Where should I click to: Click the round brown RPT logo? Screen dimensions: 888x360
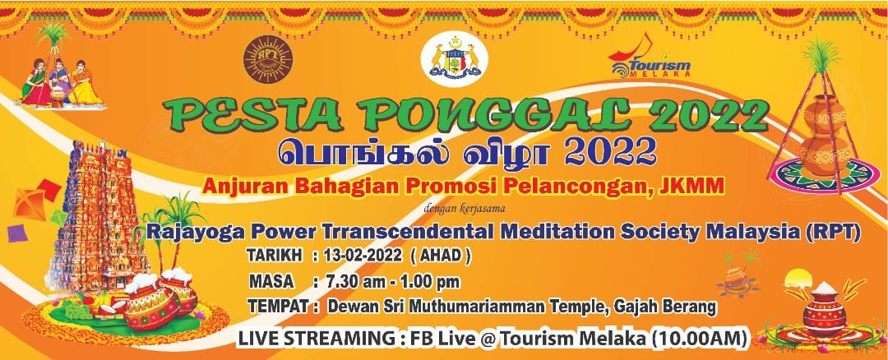coord(268,59)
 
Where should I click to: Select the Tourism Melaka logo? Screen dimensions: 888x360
coord(650,58)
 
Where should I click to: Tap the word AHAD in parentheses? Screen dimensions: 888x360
coord(444,256)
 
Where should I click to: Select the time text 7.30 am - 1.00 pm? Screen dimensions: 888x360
coord(392,281)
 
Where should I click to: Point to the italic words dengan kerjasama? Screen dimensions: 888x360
coord(465,210)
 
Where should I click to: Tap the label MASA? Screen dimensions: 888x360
coord(271,281)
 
